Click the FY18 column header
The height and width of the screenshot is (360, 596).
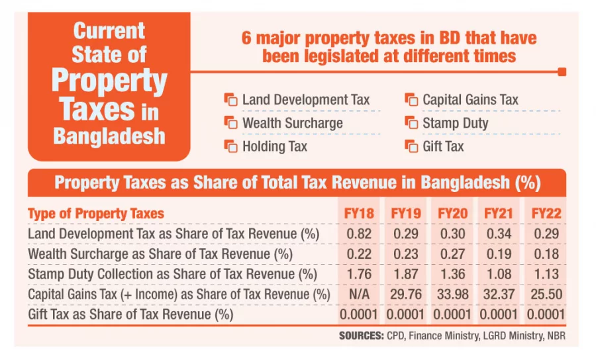click(360, 214)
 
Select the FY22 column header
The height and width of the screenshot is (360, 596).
click(546, 214)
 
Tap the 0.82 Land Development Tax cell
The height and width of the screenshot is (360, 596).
click(360, 234)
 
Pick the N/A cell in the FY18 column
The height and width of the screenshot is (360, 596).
click(360, 294)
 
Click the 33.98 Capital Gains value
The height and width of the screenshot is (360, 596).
click(453, 294)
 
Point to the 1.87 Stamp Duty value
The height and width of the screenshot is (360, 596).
click(407, 274)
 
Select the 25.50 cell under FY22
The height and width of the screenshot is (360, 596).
click(546, 294)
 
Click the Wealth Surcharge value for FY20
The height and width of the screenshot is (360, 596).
click(453, 254)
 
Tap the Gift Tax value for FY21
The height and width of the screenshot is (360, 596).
click(500, 314)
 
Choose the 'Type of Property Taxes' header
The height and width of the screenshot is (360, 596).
click(96, 214)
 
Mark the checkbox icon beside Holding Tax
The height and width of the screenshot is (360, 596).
click(230, 146)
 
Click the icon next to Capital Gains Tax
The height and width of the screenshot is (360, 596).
click(411, 100)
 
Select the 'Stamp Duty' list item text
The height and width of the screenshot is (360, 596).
click(456, 123)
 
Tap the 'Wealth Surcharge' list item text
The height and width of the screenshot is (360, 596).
click(293, 123)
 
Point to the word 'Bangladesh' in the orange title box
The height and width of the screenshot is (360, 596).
click(109, 136)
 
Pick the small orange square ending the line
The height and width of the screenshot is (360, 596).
click(562, 71)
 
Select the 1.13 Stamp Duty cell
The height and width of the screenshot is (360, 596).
click(546, 274)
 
